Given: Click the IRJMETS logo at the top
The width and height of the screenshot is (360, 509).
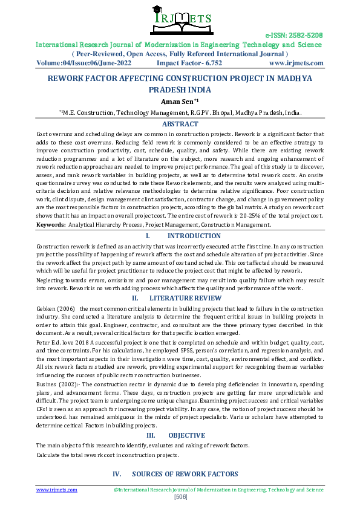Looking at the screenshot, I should [180, 16].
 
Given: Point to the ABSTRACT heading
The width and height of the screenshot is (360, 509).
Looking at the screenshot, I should [180, 124].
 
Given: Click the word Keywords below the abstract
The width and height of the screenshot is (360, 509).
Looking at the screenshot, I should [50, 224].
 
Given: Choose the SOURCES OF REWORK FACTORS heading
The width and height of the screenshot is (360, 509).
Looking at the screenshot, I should [185, 474].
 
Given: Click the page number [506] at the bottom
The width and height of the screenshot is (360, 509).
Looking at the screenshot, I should [180, 497].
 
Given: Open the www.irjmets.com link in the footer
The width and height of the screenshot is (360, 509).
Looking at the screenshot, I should [51, 490].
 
